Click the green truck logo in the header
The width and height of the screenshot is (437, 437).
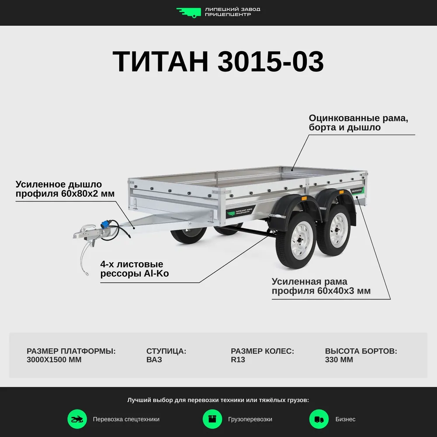click(x=188, y=13)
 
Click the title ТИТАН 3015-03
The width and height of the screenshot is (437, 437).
click(x=218, y=61)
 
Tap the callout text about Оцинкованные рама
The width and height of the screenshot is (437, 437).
click(x=358, y=123)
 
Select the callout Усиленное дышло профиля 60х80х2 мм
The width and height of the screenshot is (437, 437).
click(x=65, y=189)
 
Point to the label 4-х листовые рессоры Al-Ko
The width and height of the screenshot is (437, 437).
click(x=135, y=269)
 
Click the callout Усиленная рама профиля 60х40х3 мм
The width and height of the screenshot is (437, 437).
click(x=321, y=286)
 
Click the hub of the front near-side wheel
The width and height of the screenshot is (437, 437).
click(x=301, y=240)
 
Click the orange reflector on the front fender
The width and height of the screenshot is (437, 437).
click(x=304, y=198)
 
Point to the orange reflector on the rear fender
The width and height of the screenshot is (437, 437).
click(x=341, y=192)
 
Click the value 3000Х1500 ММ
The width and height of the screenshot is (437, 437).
click(x=54, y=360)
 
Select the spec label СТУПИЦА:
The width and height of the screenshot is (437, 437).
click(x=166, y=351)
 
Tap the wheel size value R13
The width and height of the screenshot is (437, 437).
click(x=238, y=360)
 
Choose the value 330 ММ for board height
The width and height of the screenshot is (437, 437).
click(x=339, y=360)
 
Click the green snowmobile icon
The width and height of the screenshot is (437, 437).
click(x=77, y=419)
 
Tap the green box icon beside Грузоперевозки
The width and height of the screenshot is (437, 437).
click(x=212, y=419)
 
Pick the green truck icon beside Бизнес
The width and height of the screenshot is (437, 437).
click(x=319, y=419)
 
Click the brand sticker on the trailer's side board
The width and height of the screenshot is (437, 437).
click(x=241, y=212)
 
